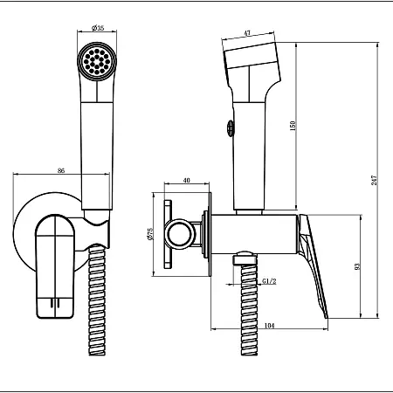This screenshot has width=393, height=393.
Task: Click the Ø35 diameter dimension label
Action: coord(98,28)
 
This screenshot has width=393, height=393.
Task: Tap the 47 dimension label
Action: coord(247,33)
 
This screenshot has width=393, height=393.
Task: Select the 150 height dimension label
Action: coord(293,126)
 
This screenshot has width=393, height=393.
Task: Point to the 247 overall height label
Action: coord(375,181)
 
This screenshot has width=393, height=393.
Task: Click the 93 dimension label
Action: coord(358,266)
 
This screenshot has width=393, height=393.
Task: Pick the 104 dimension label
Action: coord(269,326)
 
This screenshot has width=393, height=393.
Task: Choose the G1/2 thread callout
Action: coord(269,281)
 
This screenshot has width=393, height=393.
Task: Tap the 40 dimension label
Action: coord(187,180)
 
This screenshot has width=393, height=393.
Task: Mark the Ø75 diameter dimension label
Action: coord(150,234)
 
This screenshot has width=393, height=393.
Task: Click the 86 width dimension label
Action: coord(61,170)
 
